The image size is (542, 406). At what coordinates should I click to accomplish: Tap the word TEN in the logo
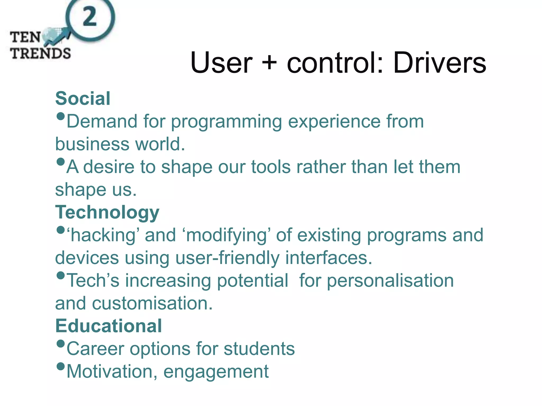click(25, 37)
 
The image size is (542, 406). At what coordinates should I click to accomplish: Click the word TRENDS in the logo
click(40, 53)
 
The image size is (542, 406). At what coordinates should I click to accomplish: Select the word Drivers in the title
click(440, 63)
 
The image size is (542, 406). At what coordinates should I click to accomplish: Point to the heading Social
click(83, 98)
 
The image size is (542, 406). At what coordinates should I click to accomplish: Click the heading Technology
click(107, 212)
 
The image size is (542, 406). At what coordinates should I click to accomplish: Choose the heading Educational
click(109, 326)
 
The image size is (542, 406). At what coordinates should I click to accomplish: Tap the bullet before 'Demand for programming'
click(61, 116)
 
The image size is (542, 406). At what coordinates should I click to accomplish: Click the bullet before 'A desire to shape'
click(61, 162)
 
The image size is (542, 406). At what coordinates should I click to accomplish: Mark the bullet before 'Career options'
click(61, 344)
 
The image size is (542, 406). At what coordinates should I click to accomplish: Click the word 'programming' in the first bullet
click(227, 122)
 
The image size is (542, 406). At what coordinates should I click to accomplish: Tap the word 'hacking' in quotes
click(103, 235)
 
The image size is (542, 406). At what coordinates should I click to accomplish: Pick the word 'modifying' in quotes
click(227, 235)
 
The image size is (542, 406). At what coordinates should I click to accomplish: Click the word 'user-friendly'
click(227, 258)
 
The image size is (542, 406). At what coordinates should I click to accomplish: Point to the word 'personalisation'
click(390, 281)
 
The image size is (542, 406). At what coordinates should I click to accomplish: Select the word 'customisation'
click(152, 303)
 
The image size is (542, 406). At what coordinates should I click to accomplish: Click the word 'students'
click(259, 349)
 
